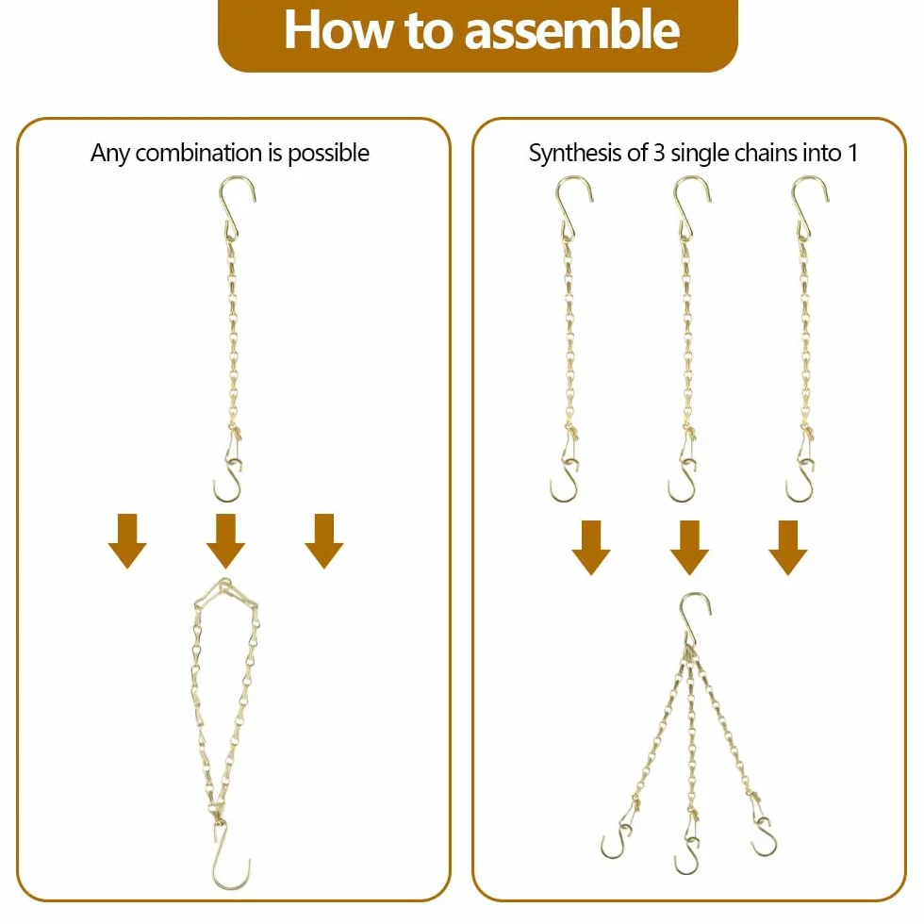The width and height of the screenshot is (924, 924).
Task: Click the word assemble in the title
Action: coord(571,29)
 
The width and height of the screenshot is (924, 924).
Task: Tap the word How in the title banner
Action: coord(334,29)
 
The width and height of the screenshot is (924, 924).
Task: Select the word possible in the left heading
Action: coord(328,154)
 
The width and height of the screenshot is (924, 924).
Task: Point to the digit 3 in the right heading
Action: coord(659,153)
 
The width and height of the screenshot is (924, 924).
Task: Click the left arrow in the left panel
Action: coord(127,541)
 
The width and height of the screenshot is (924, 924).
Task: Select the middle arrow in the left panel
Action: coord(225,541)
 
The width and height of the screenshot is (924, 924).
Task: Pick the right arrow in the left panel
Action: coord(324,541)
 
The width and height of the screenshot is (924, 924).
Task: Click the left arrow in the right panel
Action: coord(591,548)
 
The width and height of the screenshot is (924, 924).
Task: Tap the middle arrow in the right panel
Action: coord(689,548)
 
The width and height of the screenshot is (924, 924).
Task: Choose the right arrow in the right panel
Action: coord(788,548)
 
